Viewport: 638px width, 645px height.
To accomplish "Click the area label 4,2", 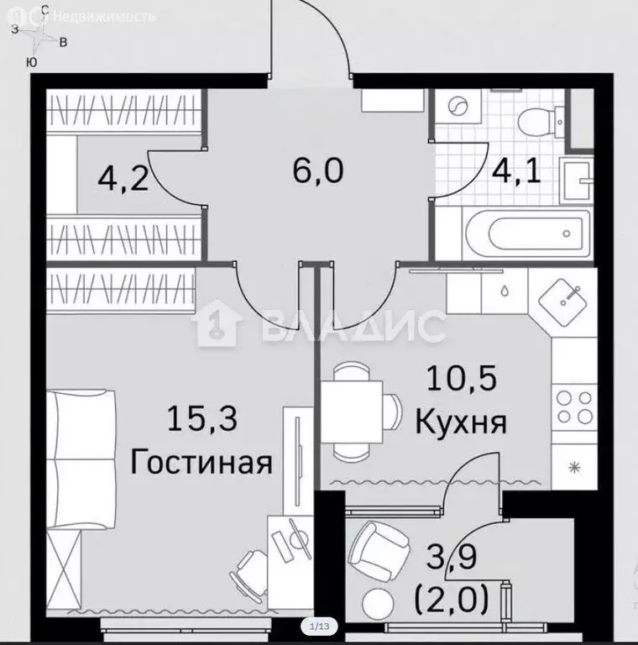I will tap(123, 179).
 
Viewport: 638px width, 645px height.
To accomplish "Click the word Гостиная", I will tap(202, 464).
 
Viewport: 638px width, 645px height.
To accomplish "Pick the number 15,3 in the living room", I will tap(202, 417).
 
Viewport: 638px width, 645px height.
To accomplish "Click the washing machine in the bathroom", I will tap(458, 108).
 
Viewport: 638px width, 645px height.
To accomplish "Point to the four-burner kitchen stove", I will tap(574, 407).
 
